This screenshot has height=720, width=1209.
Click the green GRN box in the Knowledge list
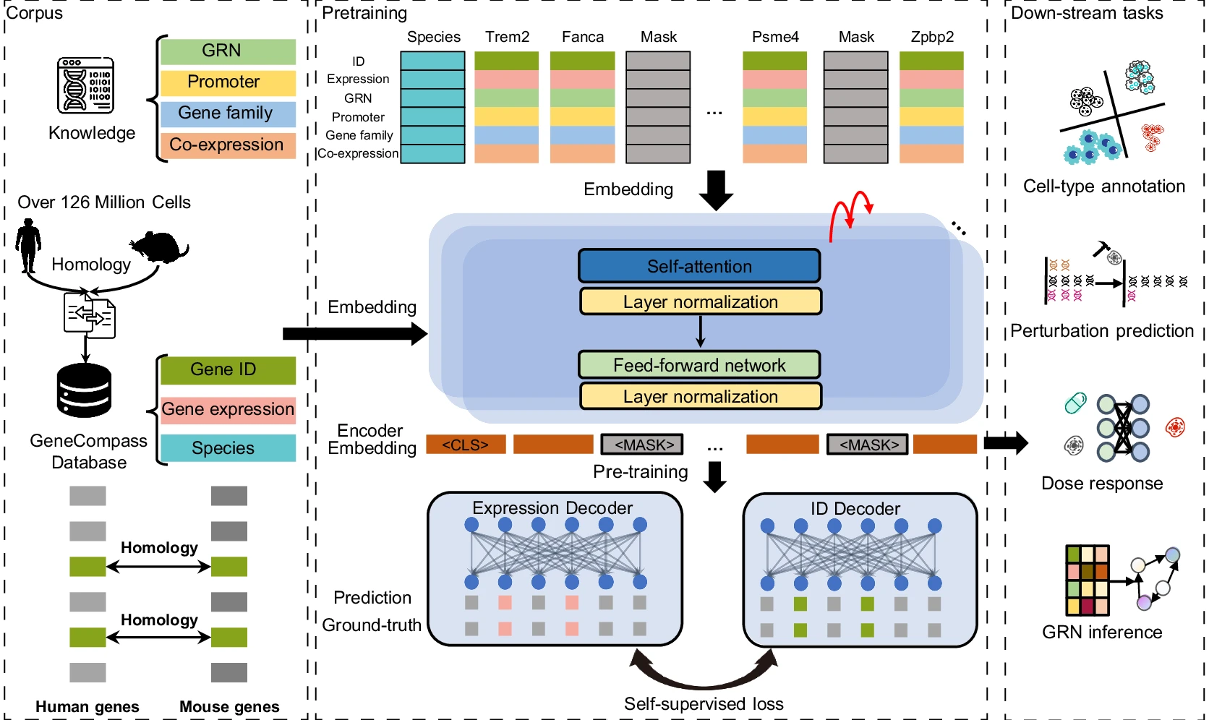[x=228, y=51]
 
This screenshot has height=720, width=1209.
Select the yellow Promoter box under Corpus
[x=228, y=82]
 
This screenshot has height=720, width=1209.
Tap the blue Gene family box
[x=228, y=113]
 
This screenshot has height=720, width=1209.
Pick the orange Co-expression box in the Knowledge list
[x=228, y=145]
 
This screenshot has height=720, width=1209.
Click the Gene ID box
[x=228, y=370]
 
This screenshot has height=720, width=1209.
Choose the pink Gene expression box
[x=228, y=410]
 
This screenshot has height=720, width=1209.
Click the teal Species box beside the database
[x=228, y=448]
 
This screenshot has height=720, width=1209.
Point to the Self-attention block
[x=699, y=266]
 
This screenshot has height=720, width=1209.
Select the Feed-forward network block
[x=699, y=365]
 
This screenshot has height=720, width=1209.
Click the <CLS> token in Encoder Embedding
[x=465, y=445]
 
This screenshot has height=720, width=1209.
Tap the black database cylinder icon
[x=85, y=390]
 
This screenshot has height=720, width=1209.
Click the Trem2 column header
[x=507, y=37]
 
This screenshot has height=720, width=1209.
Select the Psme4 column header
[x=775, y=37]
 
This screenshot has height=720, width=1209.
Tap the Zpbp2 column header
[x=932, y=37]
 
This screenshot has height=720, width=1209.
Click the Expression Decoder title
[x=552, y=508]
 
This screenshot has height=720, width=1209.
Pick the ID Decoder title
[x=855, y=509]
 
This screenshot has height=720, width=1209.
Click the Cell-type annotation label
[x=1104, y=187]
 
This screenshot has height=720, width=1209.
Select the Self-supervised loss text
[x=704, y=704]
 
